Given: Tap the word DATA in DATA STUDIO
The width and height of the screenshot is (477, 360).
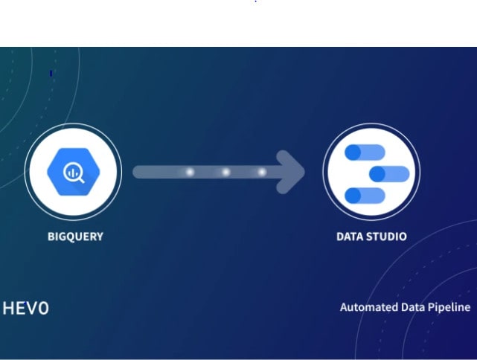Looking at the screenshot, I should [350, 237].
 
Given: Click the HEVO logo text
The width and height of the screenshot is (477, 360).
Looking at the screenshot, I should [26, 308].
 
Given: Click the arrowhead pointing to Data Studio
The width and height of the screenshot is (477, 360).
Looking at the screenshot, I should [291, 172].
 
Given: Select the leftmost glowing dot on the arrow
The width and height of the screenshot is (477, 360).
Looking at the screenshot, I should [190, 173].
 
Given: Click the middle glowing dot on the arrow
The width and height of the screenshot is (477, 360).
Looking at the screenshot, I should [225, 173].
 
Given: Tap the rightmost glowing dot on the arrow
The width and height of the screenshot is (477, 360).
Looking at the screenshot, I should [262, 173].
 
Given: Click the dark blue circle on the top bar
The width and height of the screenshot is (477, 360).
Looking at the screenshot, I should [353, 152].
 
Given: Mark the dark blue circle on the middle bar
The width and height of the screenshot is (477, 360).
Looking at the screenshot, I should [377, 174].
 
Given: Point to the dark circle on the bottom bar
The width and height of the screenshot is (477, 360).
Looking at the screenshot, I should [353, 196].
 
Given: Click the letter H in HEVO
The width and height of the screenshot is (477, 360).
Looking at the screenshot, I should [9, 308].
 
